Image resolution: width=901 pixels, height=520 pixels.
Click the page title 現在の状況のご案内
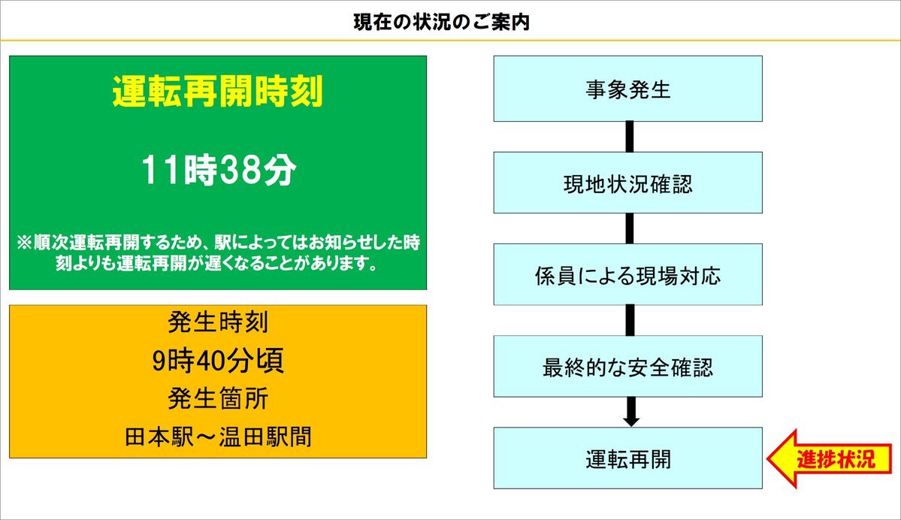[x=441, y=23]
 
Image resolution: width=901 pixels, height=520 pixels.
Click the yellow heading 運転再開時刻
[x=218, y=92]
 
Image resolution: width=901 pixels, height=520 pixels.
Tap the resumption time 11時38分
[x=219, y=170]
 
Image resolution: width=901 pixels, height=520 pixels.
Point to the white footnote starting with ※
[x=219, y=252]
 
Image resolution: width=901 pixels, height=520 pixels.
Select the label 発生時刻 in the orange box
[x=218, y=322]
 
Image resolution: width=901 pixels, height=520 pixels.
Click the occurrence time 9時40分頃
[x=218, y=361]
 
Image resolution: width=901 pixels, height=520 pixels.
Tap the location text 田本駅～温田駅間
[x=218, y=437]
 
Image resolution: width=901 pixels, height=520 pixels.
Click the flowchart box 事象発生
[x=628, y=89]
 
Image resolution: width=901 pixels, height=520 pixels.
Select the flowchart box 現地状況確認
[x=628, y=183]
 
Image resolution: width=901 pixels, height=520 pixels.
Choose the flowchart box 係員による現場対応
[x=628, y=274]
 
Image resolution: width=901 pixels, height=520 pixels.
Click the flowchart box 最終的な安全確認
[x=628, y=366]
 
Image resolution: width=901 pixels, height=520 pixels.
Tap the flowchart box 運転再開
[x=628, y=458]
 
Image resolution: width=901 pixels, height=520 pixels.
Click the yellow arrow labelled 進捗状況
[x=829, y=459]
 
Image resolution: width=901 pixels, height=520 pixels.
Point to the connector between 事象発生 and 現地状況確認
[x=630, y=137]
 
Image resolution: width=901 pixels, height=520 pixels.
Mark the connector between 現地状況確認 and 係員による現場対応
[x=630, y=228]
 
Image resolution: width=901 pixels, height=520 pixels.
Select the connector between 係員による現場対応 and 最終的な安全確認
[x=630, y=320]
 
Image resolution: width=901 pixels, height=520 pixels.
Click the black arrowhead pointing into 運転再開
[x=631, y=421]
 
